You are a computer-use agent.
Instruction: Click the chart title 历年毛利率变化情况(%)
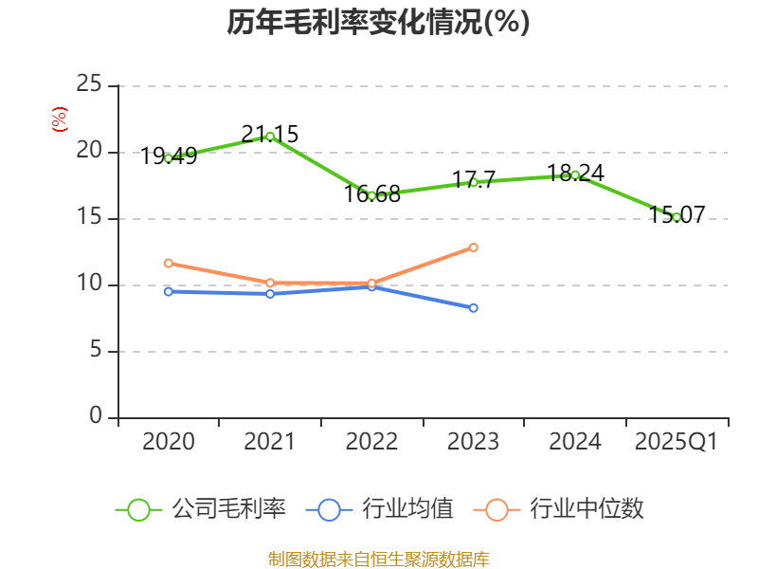378,23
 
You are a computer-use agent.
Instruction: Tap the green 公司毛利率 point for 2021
270,137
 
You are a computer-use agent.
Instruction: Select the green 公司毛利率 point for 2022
371,195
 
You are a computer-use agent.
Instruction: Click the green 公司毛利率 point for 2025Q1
677,217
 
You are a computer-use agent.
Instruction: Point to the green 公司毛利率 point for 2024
575,174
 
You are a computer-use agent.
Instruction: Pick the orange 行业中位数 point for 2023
474,248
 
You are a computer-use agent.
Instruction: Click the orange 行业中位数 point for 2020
169,263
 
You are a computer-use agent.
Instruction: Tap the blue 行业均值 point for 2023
474,308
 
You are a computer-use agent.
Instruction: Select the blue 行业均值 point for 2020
169,291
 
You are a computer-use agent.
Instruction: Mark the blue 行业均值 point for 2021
270,294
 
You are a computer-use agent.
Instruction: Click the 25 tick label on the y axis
89,85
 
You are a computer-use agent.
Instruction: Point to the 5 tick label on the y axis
96,351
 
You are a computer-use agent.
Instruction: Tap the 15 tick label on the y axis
89,218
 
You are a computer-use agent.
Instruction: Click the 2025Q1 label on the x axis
677,442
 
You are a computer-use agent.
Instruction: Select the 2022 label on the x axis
371,442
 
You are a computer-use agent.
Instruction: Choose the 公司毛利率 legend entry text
228,509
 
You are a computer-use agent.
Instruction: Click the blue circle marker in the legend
329,509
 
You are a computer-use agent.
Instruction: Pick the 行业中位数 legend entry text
587,509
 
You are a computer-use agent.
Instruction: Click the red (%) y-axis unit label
60,120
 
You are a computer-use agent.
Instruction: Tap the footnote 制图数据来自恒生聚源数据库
378,559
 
